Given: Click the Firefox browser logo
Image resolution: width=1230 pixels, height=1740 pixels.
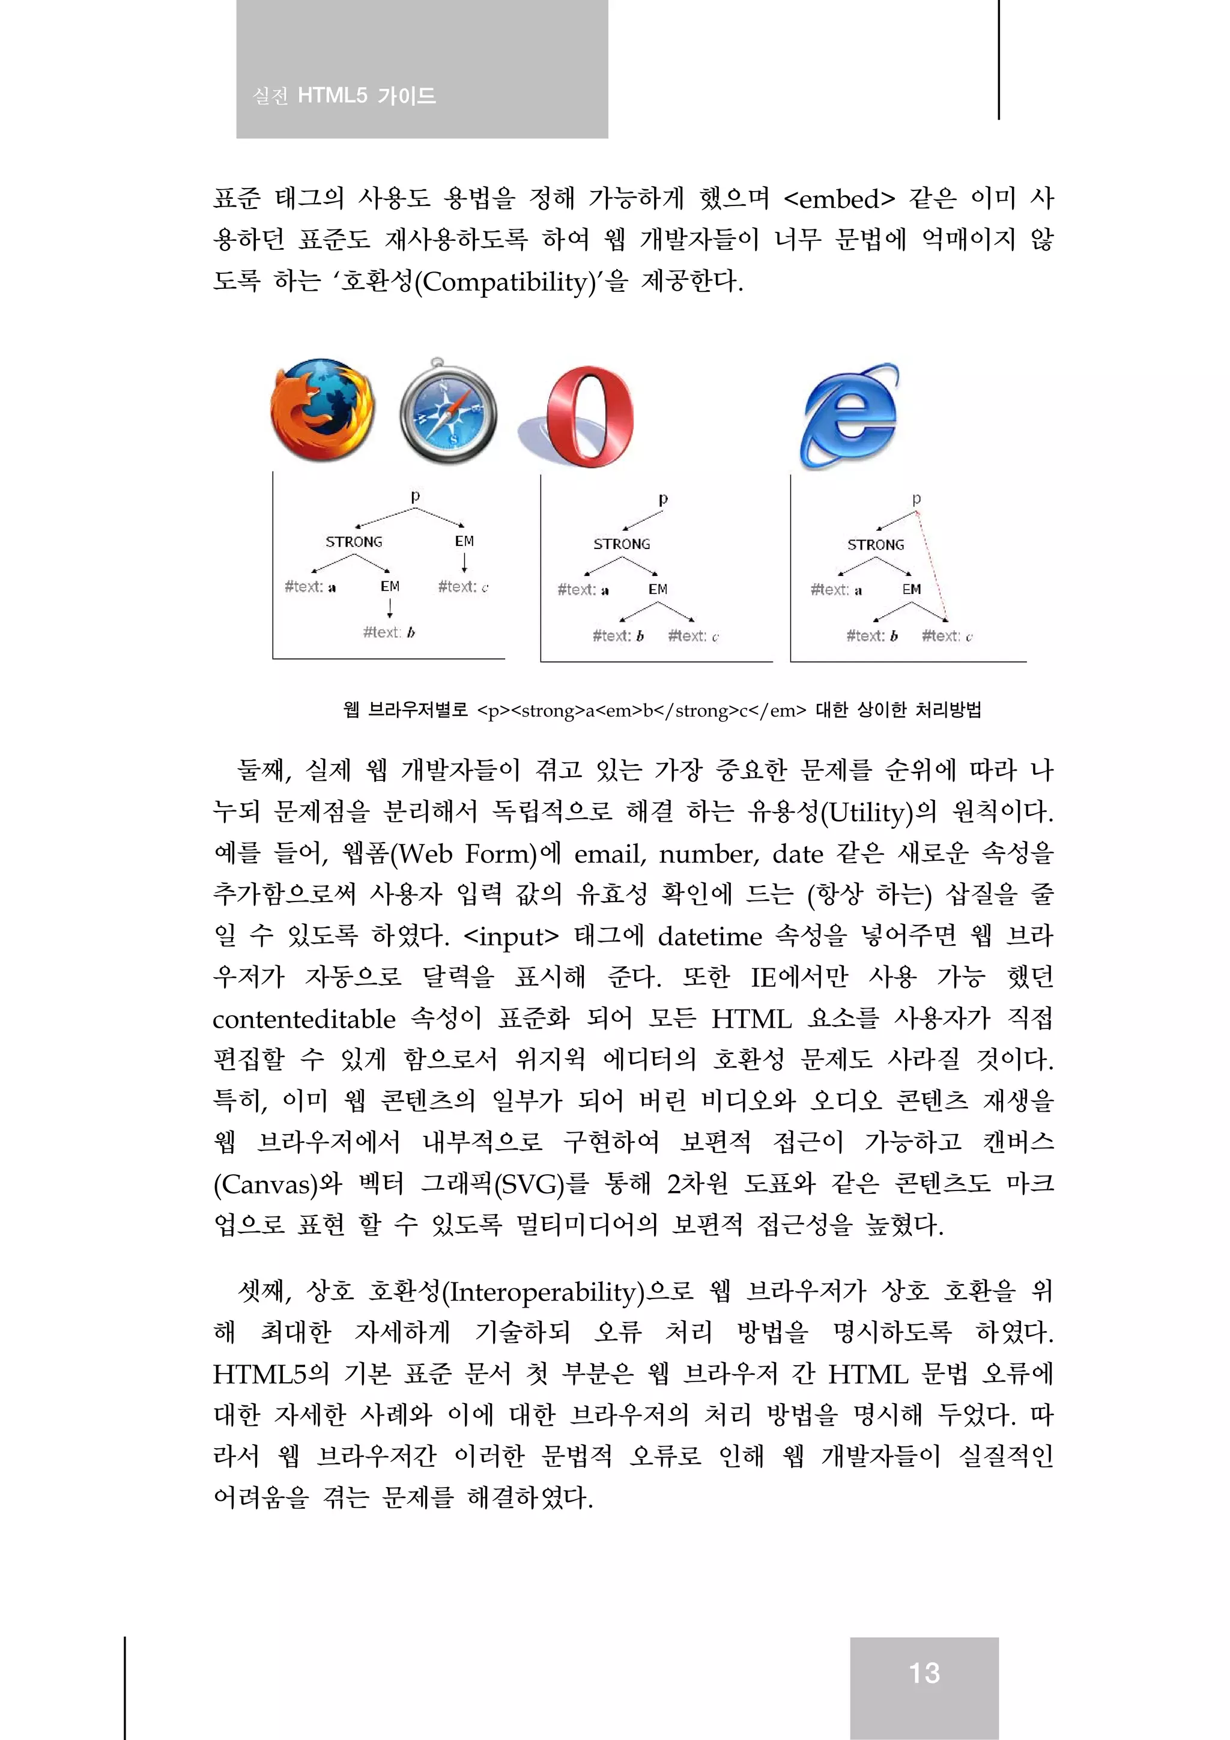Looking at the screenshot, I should point(322,410).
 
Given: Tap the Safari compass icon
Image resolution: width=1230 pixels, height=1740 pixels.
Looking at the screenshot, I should point(448,414).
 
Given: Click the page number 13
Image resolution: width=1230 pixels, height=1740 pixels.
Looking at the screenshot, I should point(924,1673).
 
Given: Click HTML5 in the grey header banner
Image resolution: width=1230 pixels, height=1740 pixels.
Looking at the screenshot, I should point(332,96).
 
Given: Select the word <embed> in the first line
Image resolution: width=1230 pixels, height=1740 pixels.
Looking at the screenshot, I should point(839,199).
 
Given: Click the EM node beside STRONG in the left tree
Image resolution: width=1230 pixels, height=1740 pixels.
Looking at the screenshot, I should point(465,541).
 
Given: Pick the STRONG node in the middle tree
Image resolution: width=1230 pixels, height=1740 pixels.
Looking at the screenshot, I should point(622,544).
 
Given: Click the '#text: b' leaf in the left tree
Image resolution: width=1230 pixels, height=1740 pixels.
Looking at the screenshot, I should point(389,632).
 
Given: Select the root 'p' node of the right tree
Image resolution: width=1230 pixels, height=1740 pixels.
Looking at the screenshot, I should point(916,499).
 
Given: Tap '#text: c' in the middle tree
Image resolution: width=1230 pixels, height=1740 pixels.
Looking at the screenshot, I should point(692,637).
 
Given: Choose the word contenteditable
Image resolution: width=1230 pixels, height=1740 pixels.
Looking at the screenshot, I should point(304,1019).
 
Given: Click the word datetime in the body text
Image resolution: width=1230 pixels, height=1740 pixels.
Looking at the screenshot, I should point(709,937).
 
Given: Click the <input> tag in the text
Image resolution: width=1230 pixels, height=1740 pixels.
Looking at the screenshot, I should point(510,937).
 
